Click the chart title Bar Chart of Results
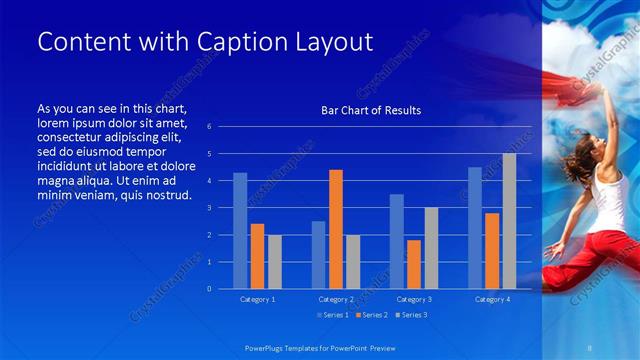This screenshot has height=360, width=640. pyautogui.click(x=370, y=110)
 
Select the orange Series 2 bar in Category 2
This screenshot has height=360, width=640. pyautogui.click(x=336, y=229)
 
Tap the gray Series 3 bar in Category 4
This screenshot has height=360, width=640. pyautogui.click(x=509, y=221)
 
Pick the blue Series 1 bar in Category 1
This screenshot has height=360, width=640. pyautogui.click(x=240, y=230)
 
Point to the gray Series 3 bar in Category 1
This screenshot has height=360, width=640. pyautogui.click(x=274, y=261)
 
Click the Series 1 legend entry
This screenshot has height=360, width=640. pyautogui.click(x=333, y=315)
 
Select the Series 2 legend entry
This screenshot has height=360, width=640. pyautogui.click(x=371, y=315)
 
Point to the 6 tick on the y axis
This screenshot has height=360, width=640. pyautogui.click(x=209, y=127)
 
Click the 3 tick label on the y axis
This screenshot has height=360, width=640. pyautogui.click(x=209, y=208)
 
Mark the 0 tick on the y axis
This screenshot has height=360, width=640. pyautogui.click(x=209, y=289)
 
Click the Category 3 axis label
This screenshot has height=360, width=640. pyautogui.click(x=413, y=299)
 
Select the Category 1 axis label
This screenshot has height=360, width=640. pyautogui.click(x=257, y=299)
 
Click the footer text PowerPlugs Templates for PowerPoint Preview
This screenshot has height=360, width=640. pyautogui.click(x=328, y=346)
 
